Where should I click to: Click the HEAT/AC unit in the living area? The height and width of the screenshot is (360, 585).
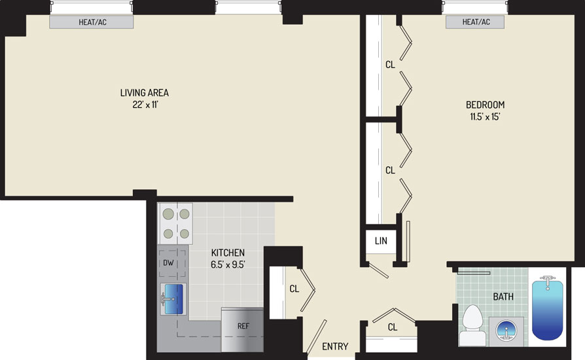point(92,22)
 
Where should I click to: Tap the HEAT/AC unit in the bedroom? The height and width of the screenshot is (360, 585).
point(475,22)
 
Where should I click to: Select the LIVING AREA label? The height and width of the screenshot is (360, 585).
point(145,92)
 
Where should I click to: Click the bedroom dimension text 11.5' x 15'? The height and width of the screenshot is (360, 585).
point(485,117)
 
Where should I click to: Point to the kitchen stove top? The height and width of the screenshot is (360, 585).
point(176,223)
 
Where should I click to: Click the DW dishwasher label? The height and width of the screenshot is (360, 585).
point(168,262)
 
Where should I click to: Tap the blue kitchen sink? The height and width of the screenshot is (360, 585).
point(173,299)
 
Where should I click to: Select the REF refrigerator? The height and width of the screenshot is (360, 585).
point(243,330)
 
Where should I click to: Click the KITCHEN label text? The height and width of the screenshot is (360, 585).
point(228,253)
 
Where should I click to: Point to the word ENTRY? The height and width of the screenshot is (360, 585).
point(335,346)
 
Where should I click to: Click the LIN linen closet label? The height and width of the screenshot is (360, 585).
point(381,241)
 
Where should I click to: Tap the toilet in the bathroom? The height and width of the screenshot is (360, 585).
point(472,325)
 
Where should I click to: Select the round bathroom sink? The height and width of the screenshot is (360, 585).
point(506,330)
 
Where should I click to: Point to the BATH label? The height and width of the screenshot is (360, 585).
point(503,297)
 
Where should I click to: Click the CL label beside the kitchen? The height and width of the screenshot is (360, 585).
point(294,289)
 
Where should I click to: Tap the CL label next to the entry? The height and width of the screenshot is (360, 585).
point(392,327)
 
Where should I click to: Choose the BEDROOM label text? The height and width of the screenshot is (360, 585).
point(485,105)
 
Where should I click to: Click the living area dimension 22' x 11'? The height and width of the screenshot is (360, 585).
point(145,105)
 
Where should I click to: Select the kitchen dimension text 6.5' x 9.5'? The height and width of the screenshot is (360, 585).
point(228,264)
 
